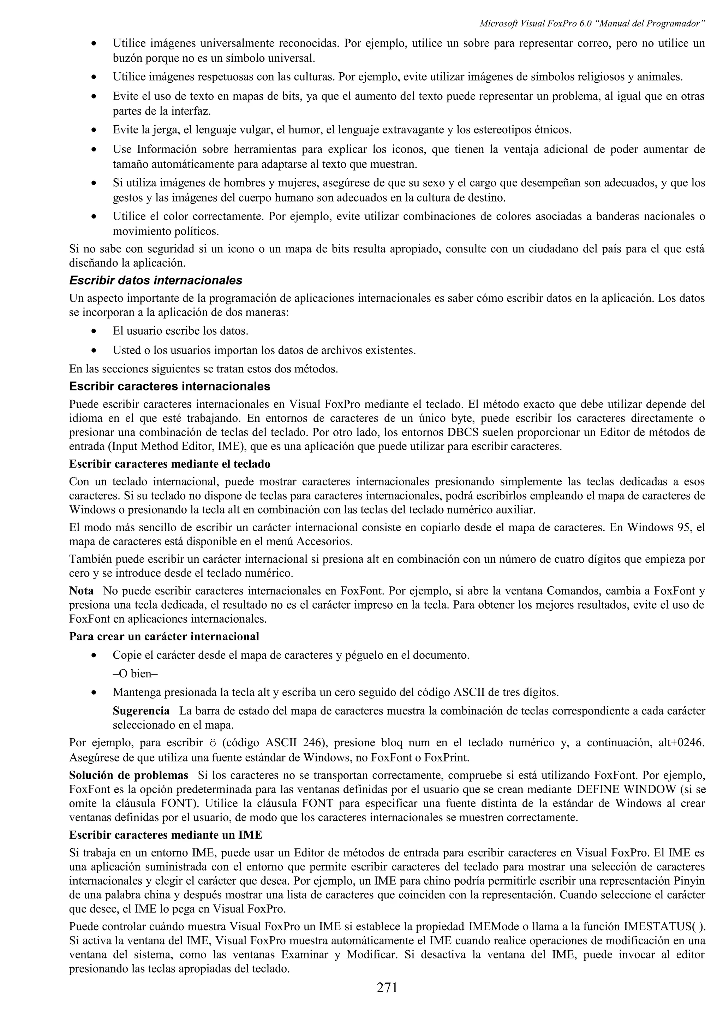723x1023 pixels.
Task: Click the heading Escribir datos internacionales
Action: (155, 280)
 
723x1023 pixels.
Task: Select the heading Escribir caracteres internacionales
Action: (169, 385)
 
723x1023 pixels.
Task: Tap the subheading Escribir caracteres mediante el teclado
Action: (169, 464)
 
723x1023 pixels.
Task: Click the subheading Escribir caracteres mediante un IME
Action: (165, 835)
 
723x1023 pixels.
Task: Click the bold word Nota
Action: (81, 591)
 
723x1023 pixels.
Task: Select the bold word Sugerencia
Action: (141, 711)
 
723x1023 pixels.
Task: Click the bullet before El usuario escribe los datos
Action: (93, 332)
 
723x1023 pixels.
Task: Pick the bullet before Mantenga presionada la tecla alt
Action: (93, 693)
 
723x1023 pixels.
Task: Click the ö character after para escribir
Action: (213, 743)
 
